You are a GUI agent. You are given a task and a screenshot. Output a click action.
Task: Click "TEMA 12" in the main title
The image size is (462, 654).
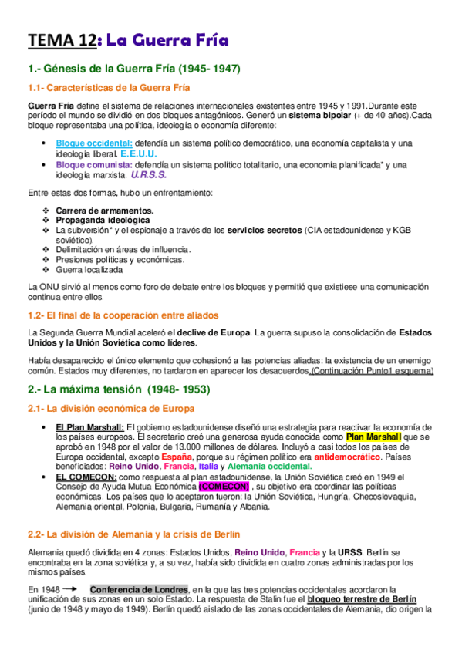coord(61,40)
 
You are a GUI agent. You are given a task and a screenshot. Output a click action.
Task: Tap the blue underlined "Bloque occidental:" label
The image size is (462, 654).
coord(94,143)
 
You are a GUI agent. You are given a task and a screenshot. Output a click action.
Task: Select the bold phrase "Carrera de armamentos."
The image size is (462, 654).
coord(105,210)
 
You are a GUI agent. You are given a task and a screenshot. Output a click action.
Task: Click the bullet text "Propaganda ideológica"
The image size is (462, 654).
coord(103,220)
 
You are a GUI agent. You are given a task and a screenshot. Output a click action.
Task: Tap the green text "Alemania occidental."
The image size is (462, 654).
coord(269,466)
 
